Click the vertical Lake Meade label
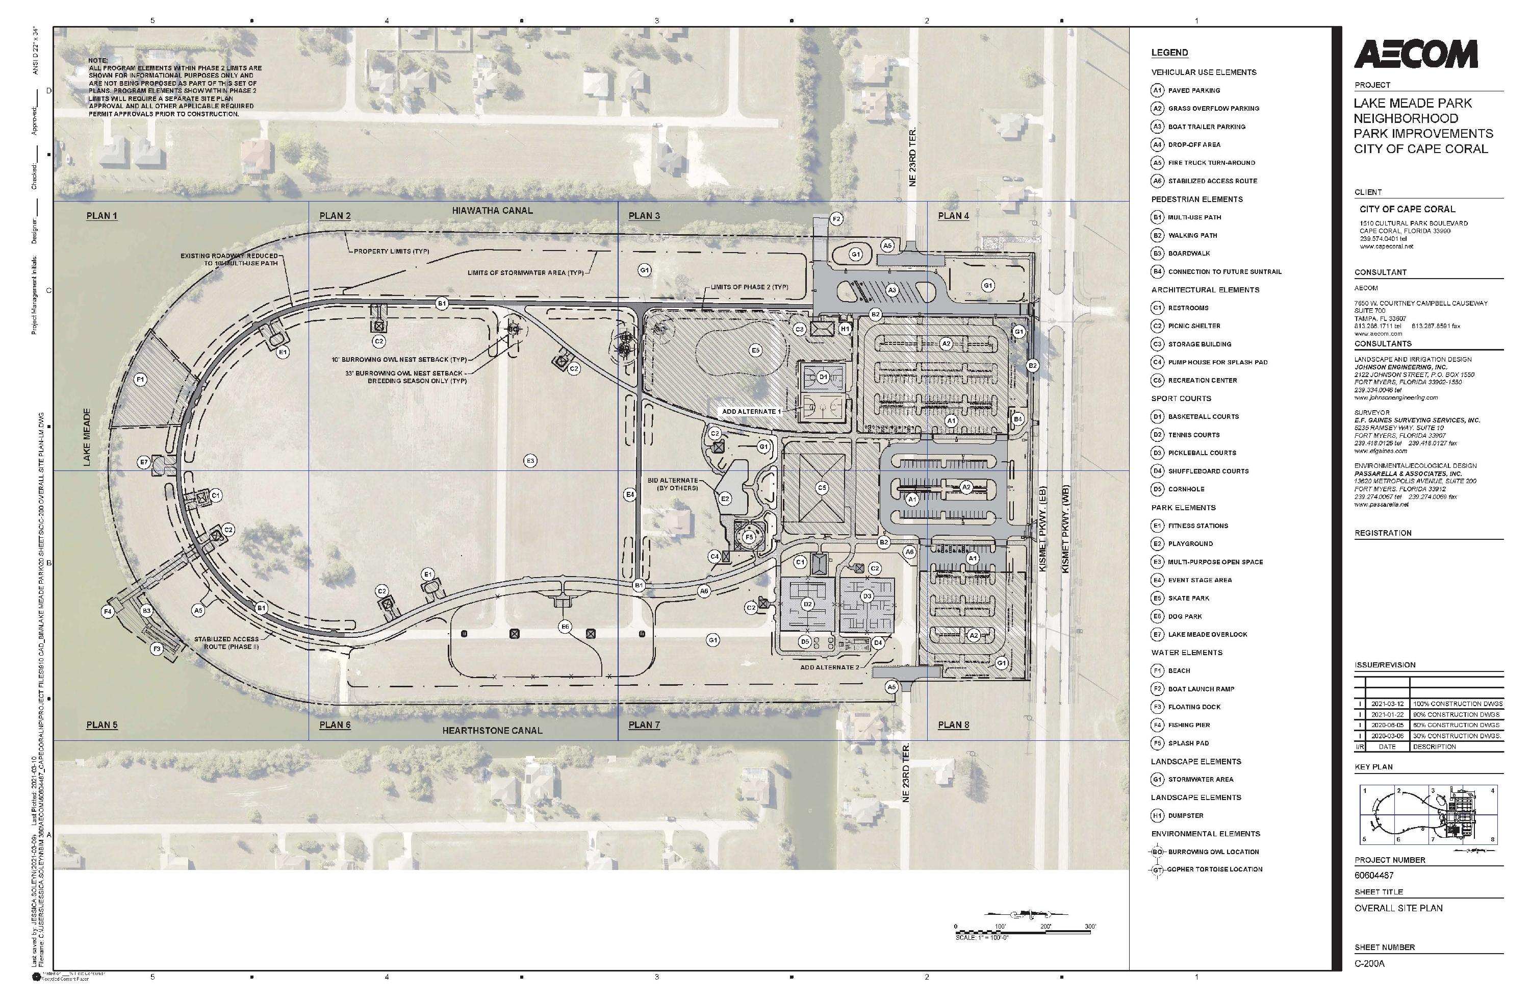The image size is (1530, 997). pos(87,437)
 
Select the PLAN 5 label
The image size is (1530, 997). pos(101,725)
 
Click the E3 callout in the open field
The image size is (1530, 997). pos(530,461)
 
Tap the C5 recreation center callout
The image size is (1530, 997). pos(822,488)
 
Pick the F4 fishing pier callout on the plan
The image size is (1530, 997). pos(108,611)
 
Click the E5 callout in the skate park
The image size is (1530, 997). pos(755,350)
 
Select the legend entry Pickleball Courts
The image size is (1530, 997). pos(1202,453)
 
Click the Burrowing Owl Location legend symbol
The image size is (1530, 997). pos(1157,852)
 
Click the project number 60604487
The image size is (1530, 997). pos(1374,876)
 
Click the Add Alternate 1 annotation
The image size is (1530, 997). pos(751,411)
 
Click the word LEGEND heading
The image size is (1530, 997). pos(1169,53)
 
